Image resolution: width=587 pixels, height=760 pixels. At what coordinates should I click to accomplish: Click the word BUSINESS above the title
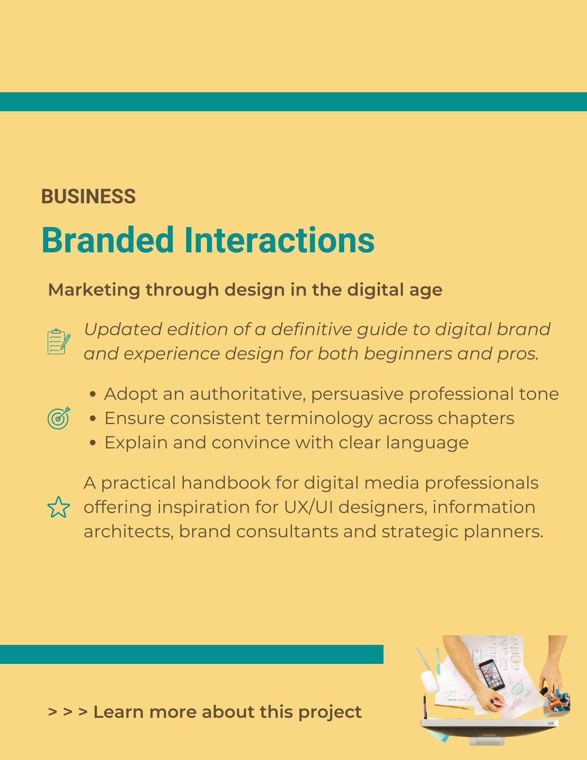click(x=88, y=196)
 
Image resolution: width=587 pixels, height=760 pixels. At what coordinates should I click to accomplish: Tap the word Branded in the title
click(x=108, y=240)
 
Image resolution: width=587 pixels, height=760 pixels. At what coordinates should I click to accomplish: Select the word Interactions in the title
click(x=279, y=240)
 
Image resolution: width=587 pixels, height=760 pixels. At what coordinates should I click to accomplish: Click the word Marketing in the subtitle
click(x=94, y=290)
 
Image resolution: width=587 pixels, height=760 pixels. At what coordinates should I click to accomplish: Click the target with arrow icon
click(x=59, y=418)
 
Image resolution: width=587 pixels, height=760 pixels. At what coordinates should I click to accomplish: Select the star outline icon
click(x=59, y=507)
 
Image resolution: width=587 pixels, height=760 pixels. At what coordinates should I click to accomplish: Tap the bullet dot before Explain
click(x=93, y=443)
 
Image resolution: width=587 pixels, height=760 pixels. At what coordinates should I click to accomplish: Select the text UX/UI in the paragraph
click(x=309, y=508)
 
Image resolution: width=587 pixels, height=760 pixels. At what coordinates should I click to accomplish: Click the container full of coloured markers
click(x=557, y=704)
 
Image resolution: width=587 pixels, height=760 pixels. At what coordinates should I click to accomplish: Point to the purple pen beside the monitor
click(x=425, y=706)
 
